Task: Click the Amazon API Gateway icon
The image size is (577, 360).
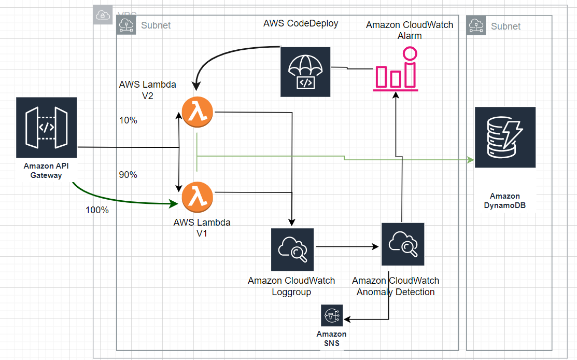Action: [x=46, y=127]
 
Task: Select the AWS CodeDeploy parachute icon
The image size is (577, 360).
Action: [x=305, y=72]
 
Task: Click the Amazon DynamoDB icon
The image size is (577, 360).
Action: [x=505, y=137]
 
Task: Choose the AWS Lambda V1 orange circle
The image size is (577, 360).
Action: [x=198, y=196]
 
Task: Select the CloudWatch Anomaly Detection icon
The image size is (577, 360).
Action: [x=402, y=244]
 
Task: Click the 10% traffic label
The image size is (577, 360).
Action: [x=128, y=120]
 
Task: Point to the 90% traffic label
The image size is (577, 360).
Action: [x=128, y=175]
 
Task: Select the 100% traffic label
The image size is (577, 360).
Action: [x=97, y=211]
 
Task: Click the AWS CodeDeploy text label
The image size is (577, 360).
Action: [x=301, y=23]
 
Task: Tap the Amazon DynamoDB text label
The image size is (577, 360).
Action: [x=504, y=201]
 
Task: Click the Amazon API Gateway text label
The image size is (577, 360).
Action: [x=46, y=171]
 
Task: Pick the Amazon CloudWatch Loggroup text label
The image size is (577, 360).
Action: [x=291, y=286]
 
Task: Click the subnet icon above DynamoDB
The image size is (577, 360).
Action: [x=475, y=24]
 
